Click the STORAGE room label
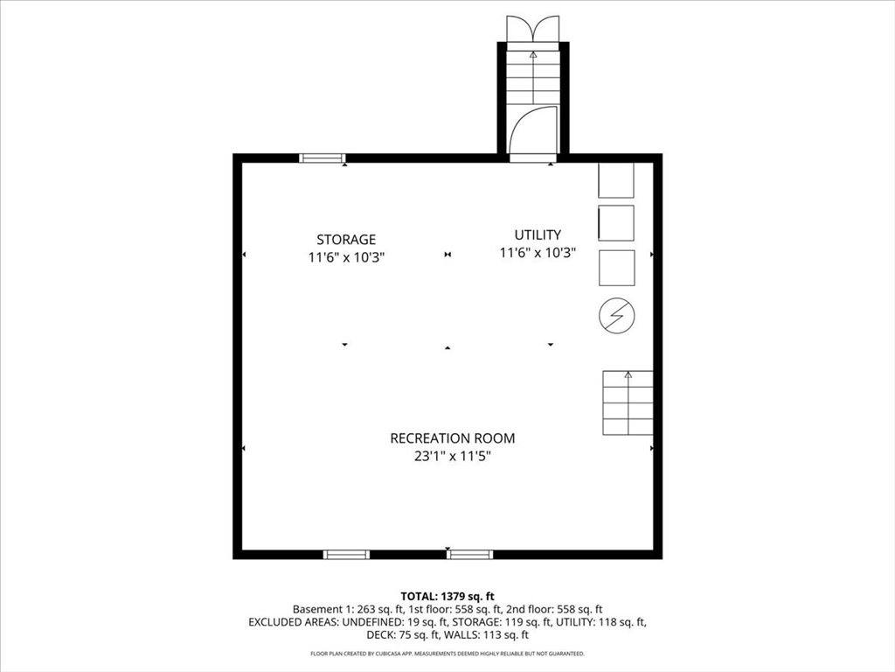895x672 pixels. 346,239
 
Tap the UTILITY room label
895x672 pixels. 538,234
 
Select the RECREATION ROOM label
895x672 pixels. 452,438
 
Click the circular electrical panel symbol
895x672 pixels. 617,315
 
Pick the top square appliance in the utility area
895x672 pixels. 616,180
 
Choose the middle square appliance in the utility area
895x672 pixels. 616,223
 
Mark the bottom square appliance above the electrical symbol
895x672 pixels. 616,268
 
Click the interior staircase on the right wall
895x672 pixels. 628,403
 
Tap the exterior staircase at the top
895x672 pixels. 533,74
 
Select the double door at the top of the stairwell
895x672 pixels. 533,28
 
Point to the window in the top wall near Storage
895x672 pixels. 323,158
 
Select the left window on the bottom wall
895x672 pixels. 346,554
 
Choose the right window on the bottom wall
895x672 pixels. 470,554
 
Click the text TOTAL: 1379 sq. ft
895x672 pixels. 447,596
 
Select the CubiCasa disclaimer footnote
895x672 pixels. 447,654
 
